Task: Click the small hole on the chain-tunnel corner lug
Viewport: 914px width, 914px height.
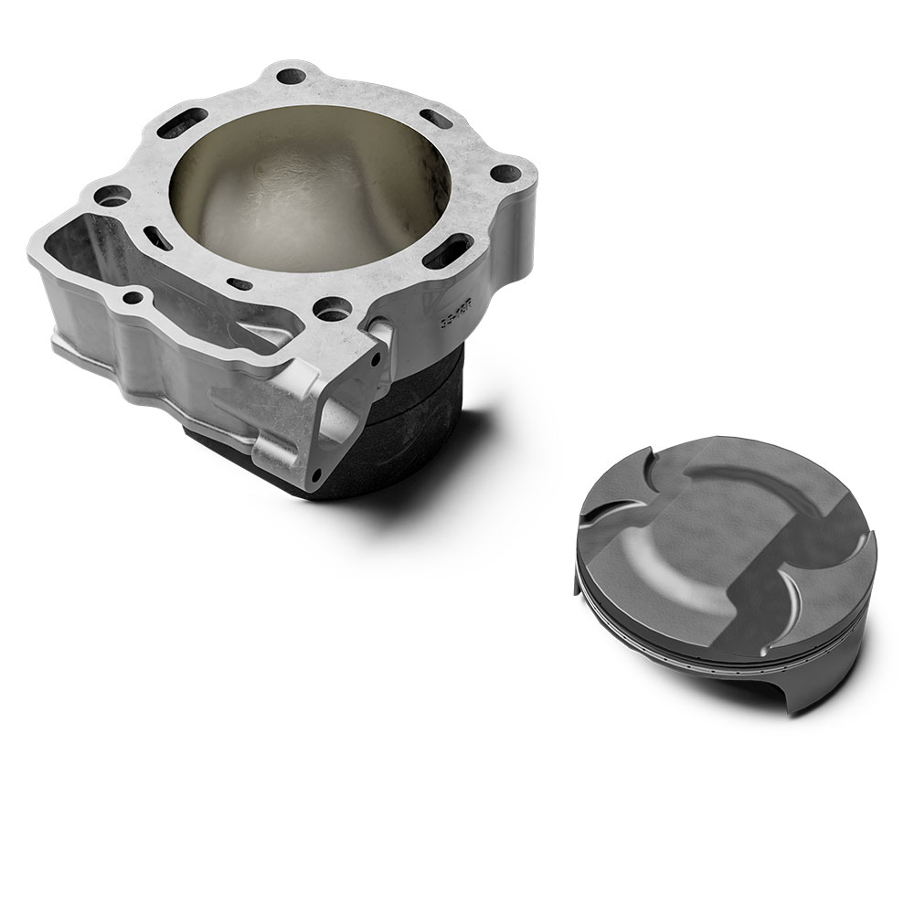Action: (x=134, y=295)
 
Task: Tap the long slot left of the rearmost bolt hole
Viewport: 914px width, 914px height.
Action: (x=180, y=121)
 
